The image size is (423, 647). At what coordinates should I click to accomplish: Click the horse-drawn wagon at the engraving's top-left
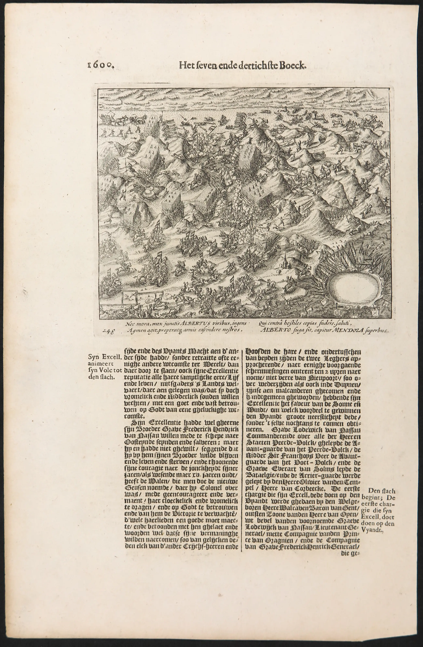[x=109, y=119]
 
